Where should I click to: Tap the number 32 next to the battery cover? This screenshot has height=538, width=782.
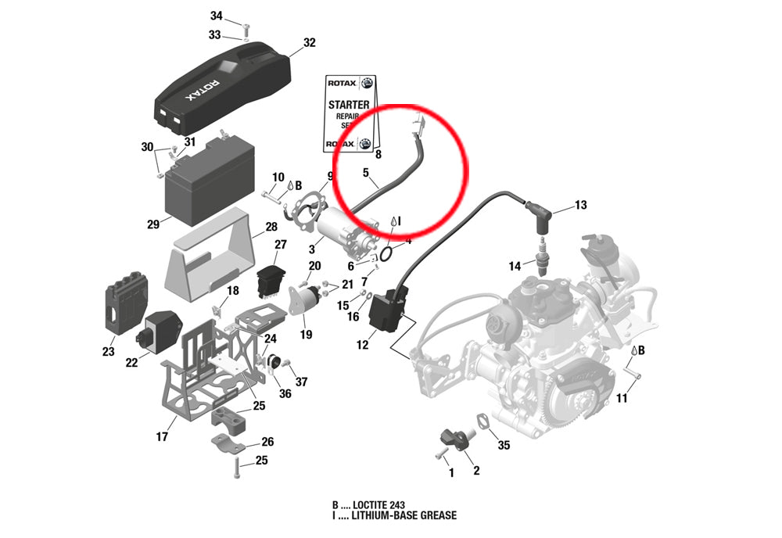[309, 42]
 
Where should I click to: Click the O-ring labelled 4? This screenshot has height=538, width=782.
[386, 254]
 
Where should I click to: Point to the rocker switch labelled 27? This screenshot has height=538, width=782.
[271, 282]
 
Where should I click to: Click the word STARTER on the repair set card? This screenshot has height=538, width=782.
[349, 105]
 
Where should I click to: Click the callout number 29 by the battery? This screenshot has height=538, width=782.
[153, 224]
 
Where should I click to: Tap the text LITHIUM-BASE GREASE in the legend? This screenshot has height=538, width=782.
[404, 515]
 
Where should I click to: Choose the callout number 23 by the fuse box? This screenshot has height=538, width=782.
[108, 352]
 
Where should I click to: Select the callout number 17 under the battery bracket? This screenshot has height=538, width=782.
[162, 437]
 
